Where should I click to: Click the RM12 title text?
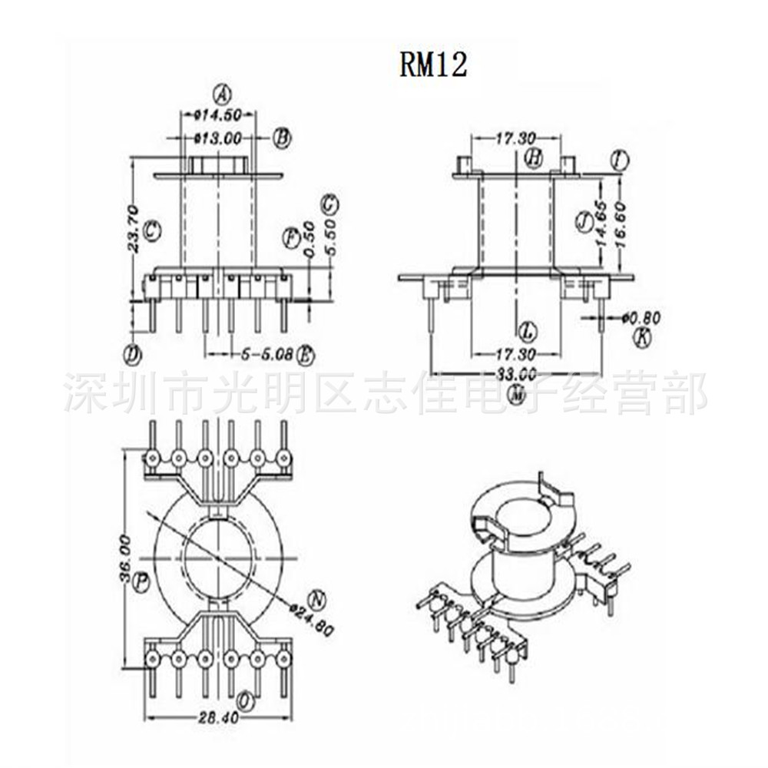432,65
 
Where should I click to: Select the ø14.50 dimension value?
218,115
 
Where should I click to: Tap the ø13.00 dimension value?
218,139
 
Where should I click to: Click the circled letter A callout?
221,94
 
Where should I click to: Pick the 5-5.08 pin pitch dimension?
266,355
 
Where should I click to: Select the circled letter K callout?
642,336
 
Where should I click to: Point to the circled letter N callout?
316,598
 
